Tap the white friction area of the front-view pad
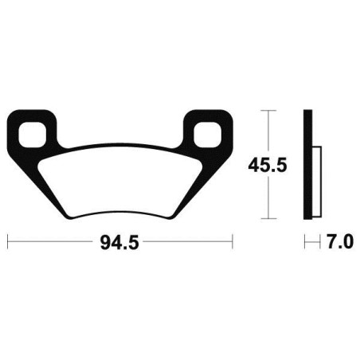tap(119, 179)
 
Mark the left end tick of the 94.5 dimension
tap(8, 240)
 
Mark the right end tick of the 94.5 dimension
tap(232, 240)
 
